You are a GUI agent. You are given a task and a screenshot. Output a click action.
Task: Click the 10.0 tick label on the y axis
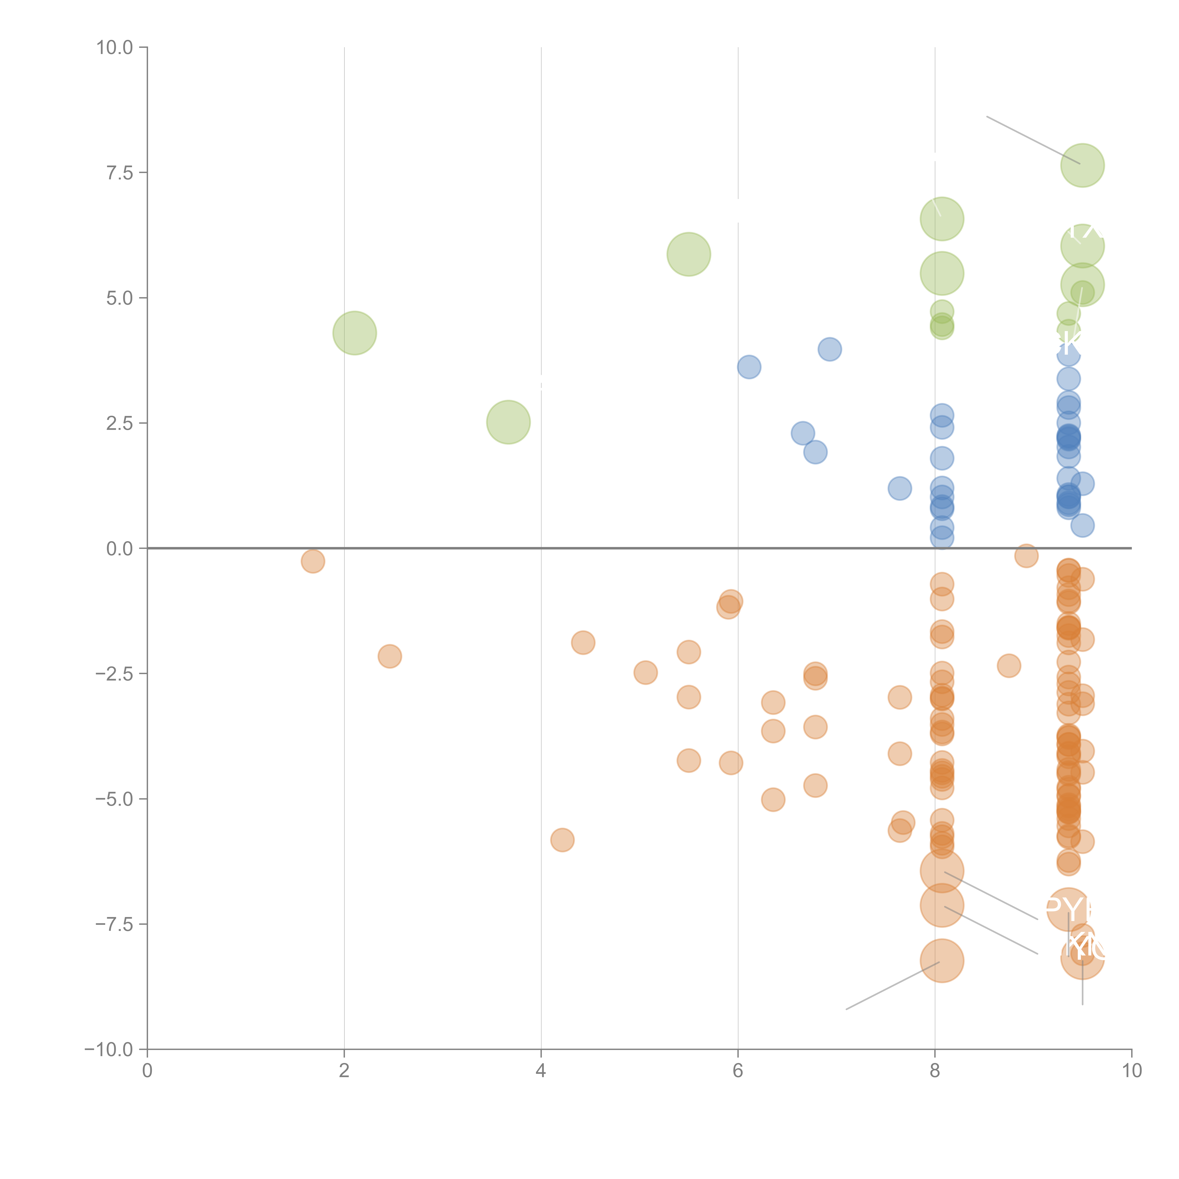115,48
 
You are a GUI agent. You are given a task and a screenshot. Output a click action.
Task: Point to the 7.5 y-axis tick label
120,173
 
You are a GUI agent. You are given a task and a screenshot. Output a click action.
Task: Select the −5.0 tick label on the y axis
115,799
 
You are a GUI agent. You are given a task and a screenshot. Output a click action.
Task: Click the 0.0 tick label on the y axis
120,549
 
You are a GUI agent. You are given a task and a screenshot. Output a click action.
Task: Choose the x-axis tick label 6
738,1071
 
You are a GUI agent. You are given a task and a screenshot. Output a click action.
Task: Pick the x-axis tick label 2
344,1071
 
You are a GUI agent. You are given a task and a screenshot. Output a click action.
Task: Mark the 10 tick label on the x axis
1131,1071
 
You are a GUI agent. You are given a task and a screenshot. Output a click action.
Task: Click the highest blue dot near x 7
829,349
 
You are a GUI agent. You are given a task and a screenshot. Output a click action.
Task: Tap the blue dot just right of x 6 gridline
749,367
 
